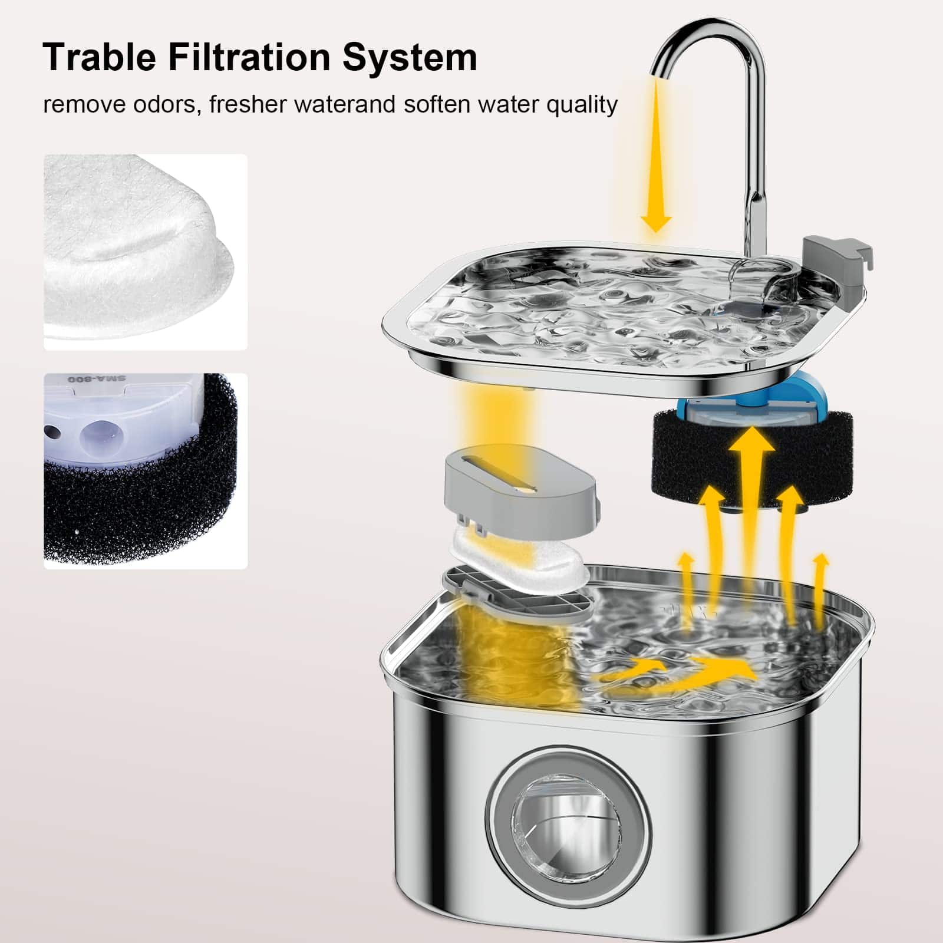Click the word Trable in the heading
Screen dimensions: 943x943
coord(100,57)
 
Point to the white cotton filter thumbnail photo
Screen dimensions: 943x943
coord(146,252)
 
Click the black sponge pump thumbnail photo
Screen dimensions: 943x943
coord(146,471)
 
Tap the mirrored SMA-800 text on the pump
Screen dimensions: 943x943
coord(94,380)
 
